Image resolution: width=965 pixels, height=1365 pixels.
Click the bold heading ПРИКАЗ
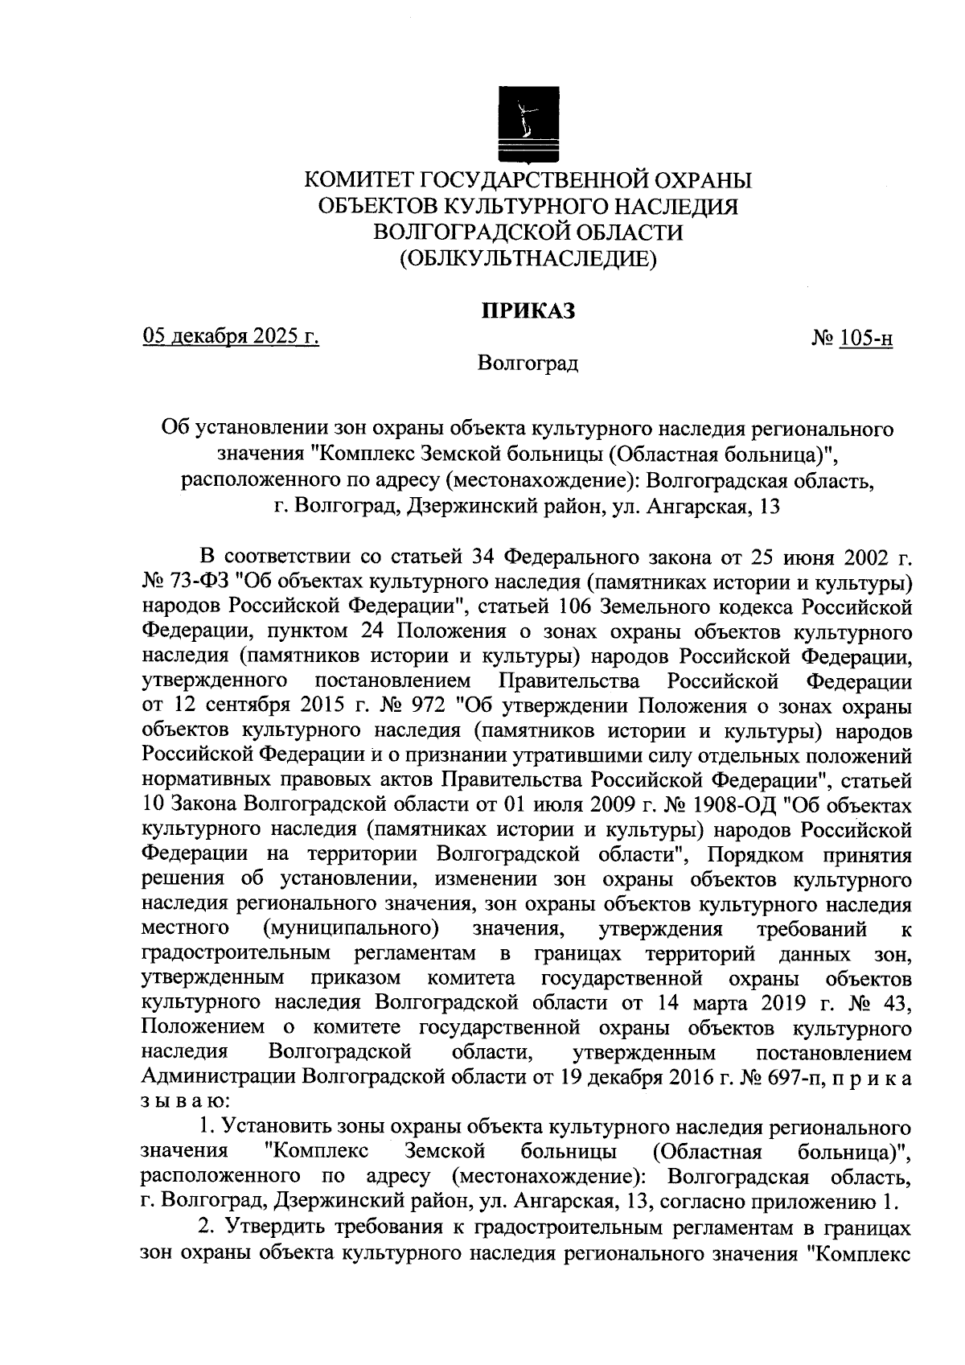pyautogui.click(x=528, y=311)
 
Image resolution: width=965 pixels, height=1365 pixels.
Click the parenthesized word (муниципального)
pyautogui.click(x=351, y=929)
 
